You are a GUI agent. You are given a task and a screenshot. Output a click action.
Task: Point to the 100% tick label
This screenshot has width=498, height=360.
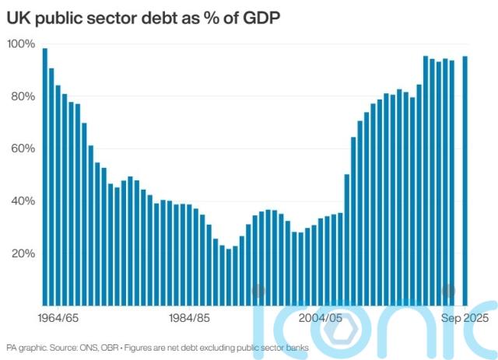point(22,44)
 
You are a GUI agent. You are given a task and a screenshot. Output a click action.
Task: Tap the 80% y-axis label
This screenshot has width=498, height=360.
point(23,96)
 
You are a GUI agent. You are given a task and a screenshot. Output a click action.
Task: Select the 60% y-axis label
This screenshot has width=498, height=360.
point(23,149)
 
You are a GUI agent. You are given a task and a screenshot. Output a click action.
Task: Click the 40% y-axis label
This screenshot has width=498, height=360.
point(23,201)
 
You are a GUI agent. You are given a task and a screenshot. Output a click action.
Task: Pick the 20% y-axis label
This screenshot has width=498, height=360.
point(23,253)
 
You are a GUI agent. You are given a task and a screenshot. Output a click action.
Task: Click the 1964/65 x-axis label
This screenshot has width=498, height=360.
point(58,318)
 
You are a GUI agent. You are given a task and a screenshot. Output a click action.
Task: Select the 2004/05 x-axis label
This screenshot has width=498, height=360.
point(321,318)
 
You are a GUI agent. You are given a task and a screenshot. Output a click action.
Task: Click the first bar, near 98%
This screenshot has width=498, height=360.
point(45,177)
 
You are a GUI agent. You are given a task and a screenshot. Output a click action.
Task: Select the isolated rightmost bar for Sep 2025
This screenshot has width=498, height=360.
point(465,180)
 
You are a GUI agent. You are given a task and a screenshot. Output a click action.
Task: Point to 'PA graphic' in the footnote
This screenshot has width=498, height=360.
point(26,347)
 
